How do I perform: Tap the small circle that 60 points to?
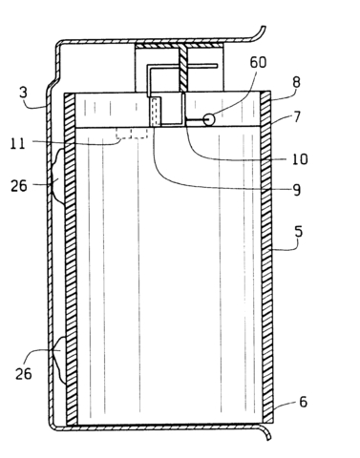click(x=208, y=120)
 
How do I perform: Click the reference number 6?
click(x=303, y=405)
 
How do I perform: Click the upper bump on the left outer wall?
click(x=58, y=177)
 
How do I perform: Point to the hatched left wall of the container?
click(x=69, y=258)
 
